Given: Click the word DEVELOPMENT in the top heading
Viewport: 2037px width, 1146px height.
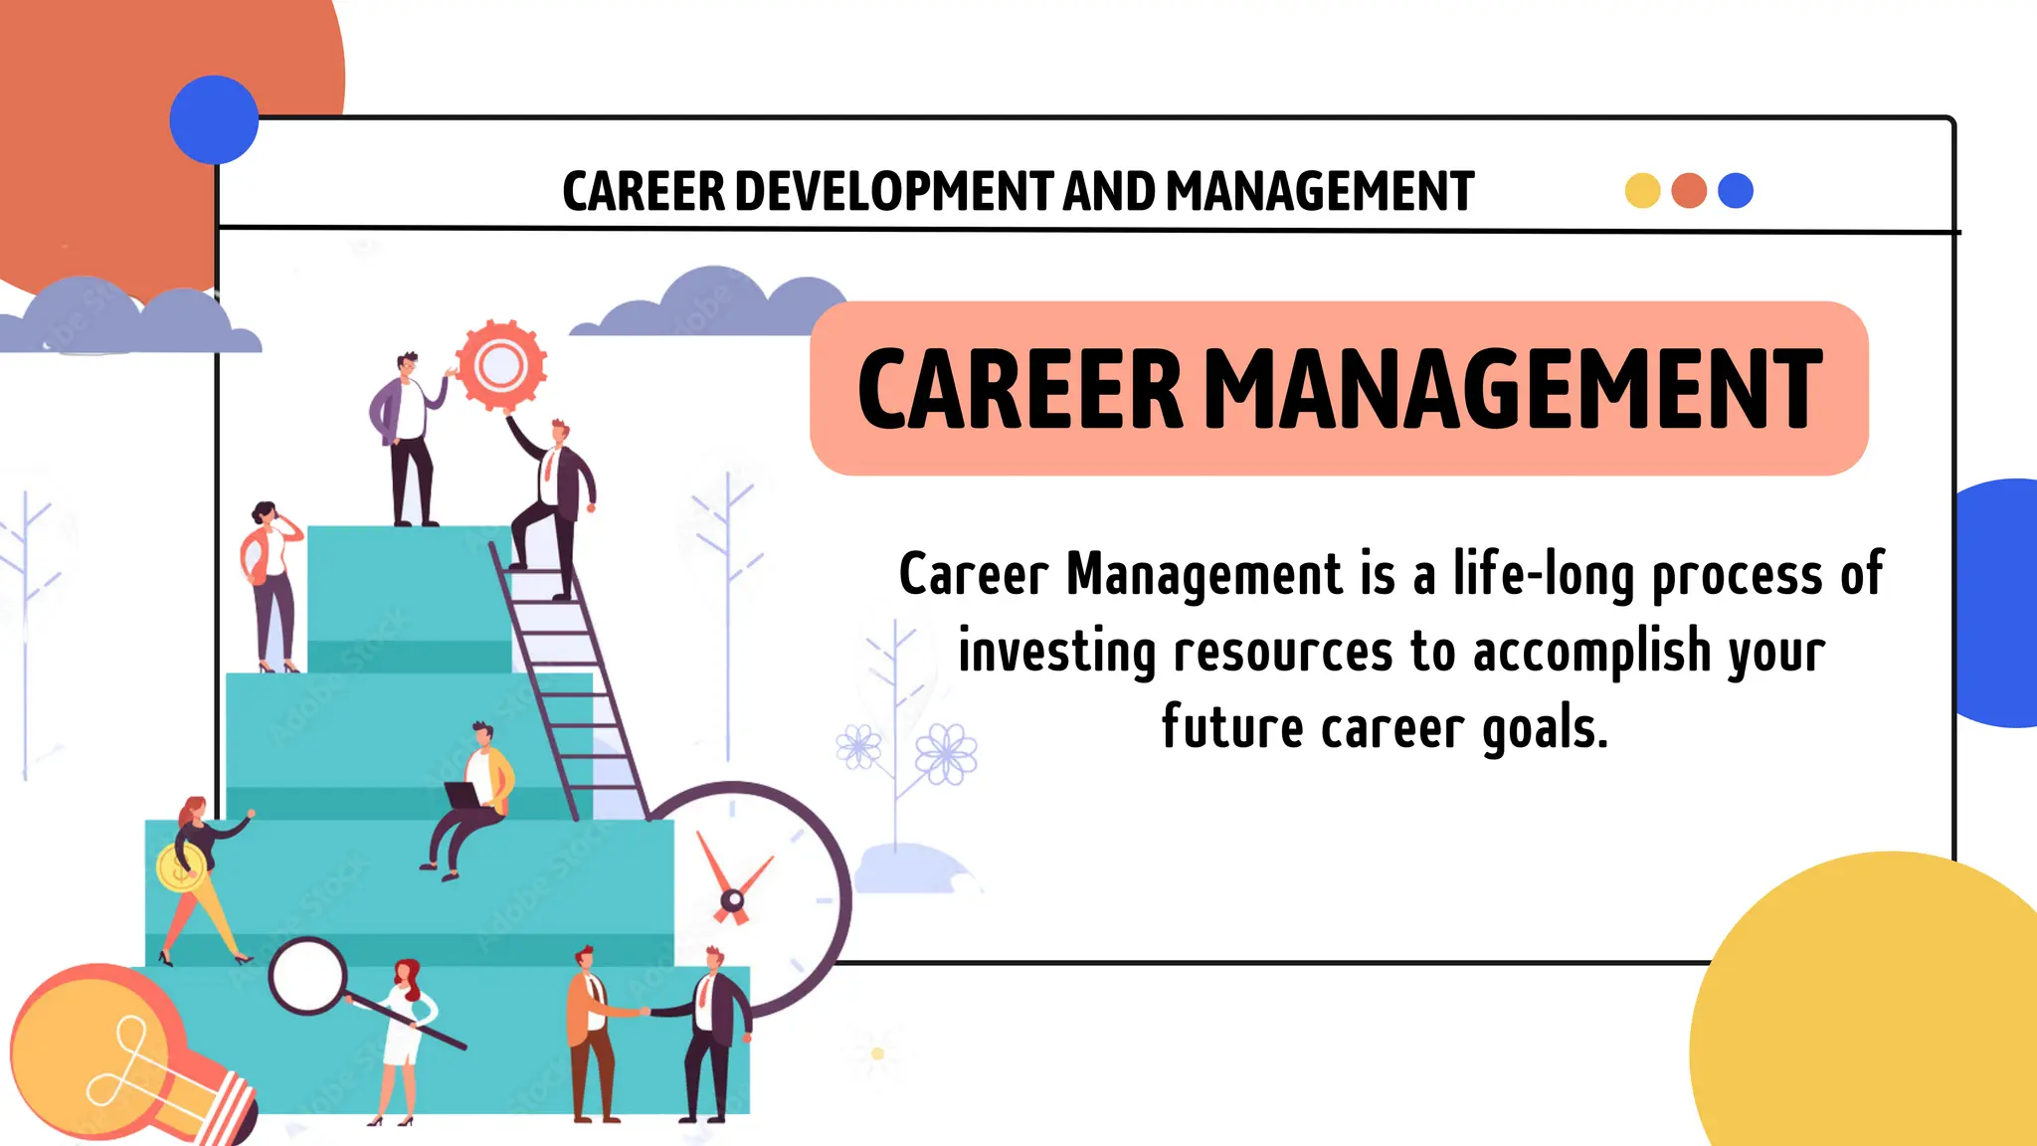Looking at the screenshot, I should pos(893,191).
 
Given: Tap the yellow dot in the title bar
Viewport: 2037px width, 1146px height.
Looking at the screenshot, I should pos(1642,190).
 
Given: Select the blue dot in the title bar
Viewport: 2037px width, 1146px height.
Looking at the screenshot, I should pos(1736,190).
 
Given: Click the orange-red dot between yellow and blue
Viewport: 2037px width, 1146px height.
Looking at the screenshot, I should pos(1689,190).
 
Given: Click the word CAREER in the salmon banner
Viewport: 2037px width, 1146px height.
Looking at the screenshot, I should pos(1020,389).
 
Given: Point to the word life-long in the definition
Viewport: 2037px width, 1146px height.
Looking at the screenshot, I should pos(1543,575).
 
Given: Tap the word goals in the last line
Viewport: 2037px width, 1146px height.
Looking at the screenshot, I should pos(1544,729).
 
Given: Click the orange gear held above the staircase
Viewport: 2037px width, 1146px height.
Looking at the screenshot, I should pos(501,365).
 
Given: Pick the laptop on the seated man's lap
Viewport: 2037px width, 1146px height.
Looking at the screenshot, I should pos(463,796).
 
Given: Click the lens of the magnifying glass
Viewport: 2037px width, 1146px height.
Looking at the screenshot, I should pos(308,976).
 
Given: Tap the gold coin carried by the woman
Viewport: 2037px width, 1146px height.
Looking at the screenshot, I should pos(180,868).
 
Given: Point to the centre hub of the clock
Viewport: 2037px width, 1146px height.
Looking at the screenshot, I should pos(732,901).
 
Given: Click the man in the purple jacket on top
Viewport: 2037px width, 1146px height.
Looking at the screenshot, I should pos(406,438).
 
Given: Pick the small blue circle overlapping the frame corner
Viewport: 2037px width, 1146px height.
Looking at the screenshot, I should pos(214,119).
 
